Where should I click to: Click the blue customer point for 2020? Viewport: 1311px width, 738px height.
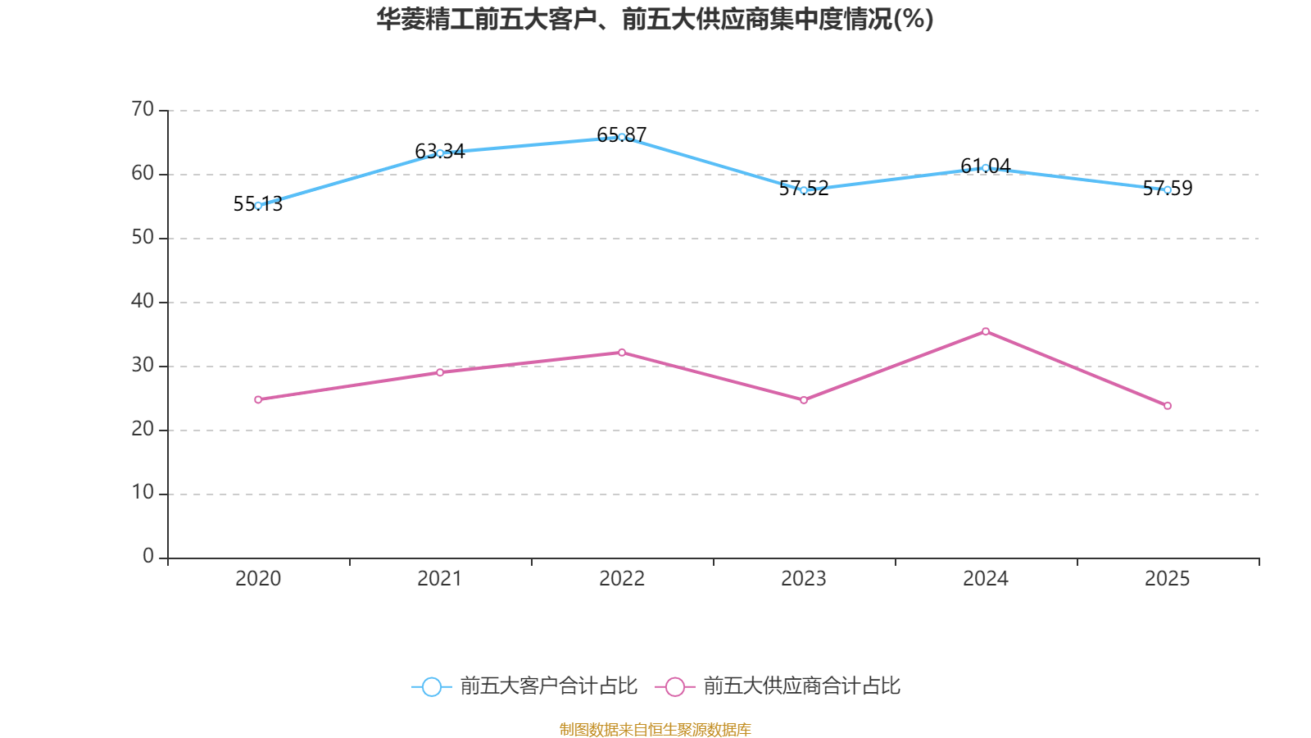(x=258, y=206)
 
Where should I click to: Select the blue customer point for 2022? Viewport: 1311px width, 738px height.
(x=622, y=137)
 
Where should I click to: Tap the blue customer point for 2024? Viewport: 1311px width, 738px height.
(x=986, y=168)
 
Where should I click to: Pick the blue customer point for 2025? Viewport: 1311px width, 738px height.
(x=1168, y=190)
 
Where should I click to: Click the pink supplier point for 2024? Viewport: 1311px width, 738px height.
(x=986, y=331)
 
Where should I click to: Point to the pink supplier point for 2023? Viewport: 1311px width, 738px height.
(x=804, y=400)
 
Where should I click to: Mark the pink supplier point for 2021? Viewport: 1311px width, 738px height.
(x=440, y=372)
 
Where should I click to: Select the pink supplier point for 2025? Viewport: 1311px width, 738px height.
(x=1168, y=406)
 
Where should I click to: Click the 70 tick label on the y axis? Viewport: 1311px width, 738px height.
(x=143, y=110)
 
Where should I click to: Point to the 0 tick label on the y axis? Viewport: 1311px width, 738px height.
(x=148, y=557)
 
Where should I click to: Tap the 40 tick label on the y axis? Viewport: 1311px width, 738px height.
(x=143, y=301)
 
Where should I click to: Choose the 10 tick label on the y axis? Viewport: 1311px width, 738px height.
(x=143, y=493)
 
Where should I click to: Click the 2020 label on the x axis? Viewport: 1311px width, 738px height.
(x=258, y=579)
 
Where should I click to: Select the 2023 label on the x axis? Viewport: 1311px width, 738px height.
(x=804, y=579)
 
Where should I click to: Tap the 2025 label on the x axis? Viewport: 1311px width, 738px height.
(x=1168, y=579)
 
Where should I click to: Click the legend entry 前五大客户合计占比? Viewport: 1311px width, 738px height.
(x=548, y=686)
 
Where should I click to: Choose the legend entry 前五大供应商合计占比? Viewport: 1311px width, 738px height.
(x=801, y=686)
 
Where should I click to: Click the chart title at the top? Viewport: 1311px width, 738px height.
(x=655, y=20)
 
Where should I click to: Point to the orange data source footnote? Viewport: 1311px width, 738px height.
(x=655, y=729)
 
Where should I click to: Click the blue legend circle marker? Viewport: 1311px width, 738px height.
(x=431, y=687)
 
